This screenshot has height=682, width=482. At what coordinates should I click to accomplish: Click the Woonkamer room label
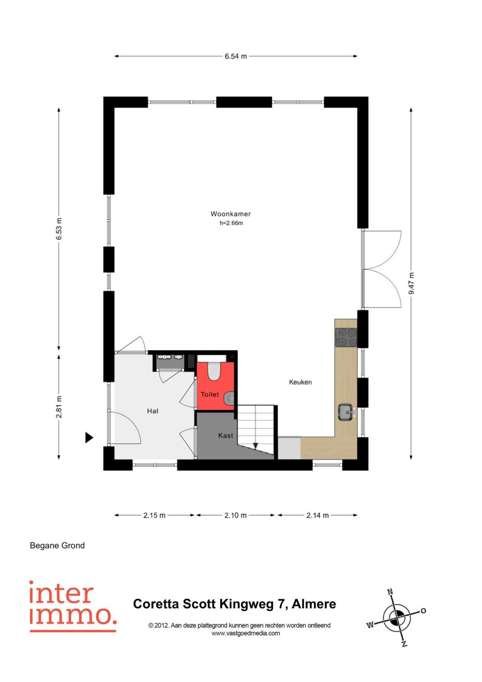(x=231, y=214)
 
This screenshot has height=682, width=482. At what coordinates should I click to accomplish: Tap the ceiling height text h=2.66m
(x=231, y=223)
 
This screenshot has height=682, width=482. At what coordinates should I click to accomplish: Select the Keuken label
(x=300, y=382)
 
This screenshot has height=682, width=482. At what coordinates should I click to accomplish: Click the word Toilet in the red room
(x=210, y=394)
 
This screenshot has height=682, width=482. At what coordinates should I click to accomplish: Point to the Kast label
(x=226, y=436)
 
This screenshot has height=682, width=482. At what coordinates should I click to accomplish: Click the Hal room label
(x=153, y=411)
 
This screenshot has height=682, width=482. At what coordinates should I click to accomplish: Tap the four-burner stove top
(x=346, y=337)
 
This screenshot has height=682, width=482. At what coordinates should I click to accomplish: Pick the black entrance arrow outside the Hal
(x=89, y=437)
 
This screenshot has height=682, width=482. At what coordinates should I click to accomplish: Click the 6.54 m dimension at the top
(x=236, y=56)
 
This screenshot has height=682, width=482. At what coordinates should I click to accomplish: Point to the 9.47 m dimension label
(x=412, y=283)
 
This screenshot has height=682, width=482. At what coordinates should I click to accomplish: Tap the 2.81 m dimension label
(x=59, y=407)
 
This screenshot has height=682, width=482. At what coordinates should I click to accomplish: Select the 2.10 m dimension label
(x=235, y=515)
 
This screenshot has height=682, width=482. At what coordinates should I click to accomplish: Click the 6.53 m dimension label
(x=59, y=229)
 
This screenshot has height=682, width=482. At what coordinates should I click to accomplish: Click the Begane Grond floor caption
(x=57, y=545)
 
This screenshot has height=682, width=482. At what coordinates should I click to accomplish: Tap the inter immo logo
(x=73, y=606)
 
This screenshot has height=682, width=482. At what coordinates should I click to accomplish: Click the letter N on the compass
(x=390, y=592)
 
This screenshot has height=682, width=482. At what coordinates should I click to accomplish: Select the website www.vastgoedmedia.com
(x=246, y=633)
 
